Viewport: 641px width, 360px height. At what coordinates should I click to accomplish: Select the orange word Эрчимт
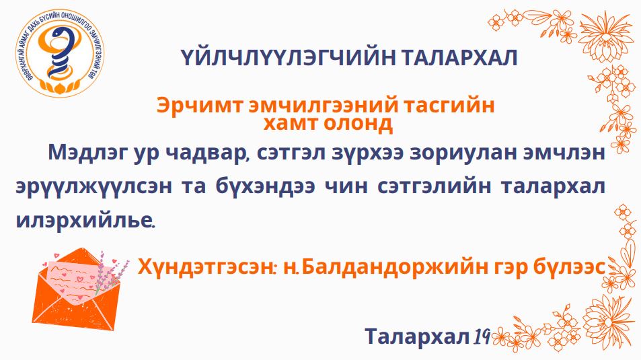coord(200,106)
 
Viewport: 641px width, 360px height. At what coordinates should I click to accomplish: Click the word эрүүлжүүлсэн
coord(93,187)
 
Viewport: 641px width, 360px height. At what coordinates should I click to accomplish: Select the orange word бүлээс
coord(569,267)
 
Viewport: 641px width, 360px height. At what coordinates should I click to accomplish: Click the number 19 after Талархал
coord(482,336)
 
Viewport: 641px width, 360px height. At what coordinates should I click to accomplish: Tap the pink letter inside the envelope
coord(77,275)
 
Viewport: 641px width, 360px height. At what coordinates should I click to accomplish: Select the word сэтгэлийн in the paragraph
coord(434,187)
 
